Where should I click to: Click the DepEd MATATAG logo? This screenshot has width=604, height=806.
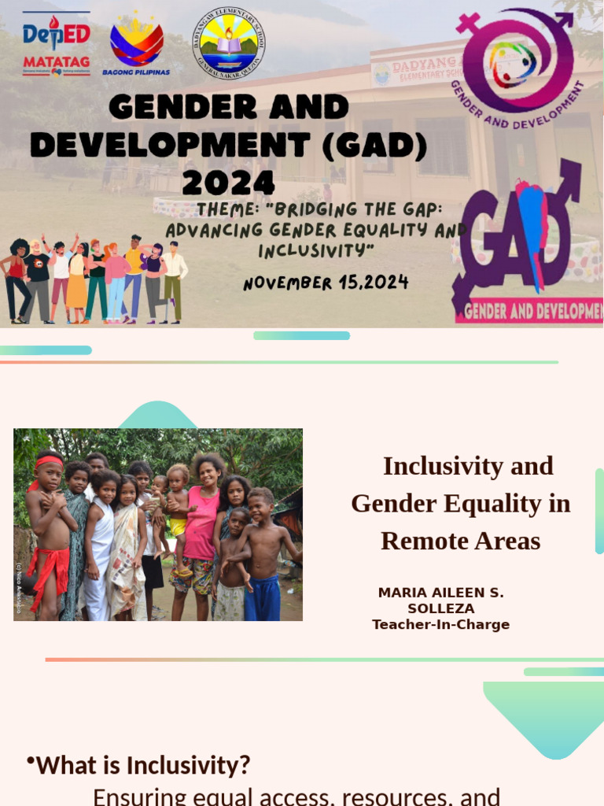click(56, 43)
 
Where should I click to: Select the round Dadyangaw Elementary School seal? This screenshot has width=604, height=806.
click(229, 43)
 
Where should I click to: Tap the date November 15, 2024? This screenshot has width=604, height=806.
click(326, 282)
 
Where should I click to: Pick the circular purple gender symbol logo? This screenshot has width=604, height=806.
click(517, 60)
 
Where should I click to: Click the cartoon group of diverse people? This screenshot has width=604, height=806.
click(94, 279)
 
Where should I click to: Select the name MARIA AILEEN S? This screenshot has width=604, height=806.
click(441, 593)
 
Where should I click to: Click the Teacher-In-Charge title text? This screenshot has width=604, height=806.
click(440, 625)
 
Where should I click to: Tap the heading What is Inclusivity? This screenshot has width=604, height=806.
click(143, 764)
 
